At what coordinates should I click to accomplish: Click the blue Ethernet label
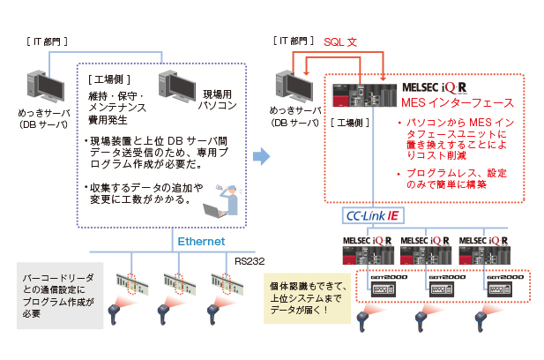click(x=202, y=240)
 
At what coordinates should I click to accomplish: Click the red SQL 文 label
click(x=340, y=41)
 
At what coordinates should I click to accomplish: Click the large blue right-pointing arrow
click(x=261, y=156)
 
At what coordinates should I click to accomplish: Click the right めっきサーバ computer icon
click(x=295, y=89)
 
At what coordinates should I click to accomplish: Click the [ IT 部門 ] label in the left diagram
click(x=46, y=41)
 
